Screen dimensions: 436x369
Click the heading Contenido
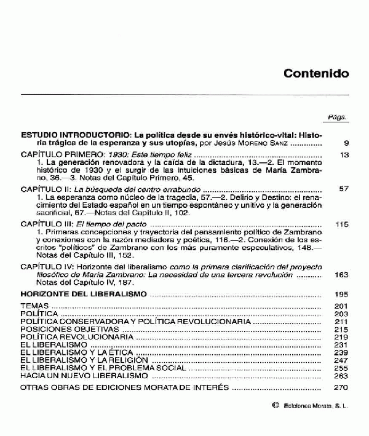(316, 74)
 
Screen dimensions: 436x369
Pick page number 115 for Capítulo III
(342, 224)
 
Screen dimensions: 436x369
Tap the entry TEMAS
(33, 306)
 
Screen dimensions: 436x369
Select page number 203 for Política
(342, 314)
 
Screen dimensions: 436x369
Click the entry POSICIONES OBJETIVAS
(60, 330)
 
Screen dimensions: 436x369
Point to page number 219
(342, 338)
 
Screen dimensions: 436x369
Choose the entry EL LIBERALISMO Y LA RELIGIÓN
(76, 360)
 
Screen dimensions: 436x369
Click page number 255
(342, 368)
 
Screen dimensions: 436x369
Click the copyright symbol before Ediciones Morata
(274, 406)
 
